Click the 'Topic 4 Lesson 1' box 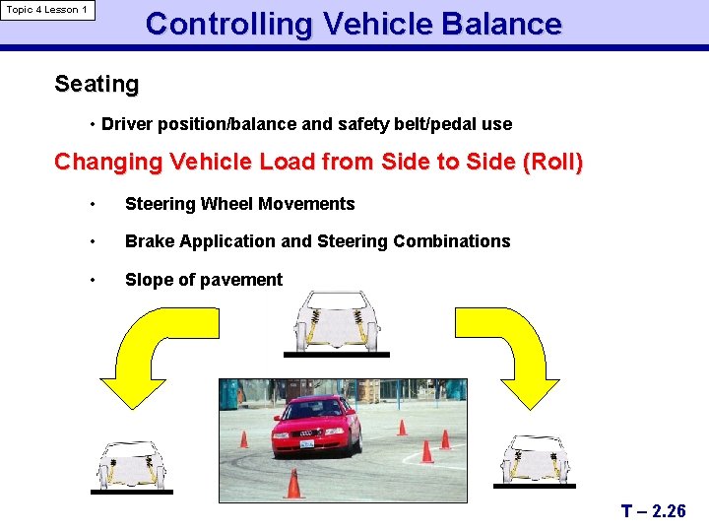tap(47, 10)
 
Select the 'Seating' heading tap(97, 85)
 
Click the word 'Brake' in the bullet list tap(149, 241)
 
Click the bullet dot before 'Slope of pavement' tap(93, 280)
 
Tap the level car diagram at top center tap(336, 323)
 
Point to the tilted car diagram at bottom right tap(533, 460)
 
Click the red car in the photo tap(312, 425)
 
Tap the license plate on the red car tap(307, 444)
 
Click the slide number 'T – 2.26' tap(653, 511)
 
